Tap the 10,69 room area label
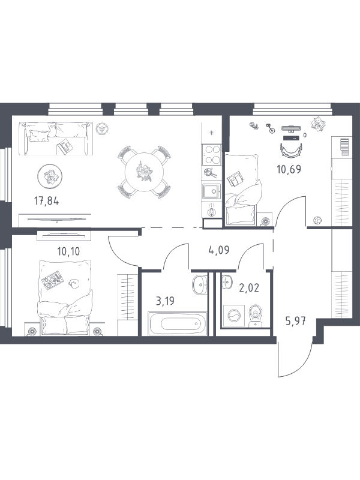pos(289,169)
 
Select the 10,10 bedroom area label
pos(68,251)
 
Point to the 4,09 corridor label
pos(218,250)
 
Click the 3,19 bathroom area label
pos(165,301)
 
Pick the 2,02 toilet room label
pos(249,288)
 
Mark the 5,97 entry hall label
pos(295,322)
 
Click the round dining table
pos(144,172)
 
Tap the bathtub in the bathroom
pos(178,323)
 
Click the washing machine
pos(234,316)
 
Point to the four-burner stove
pos(212,155)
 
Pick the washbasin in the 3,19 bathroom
pos(200,284)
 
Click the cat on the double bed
pos(74,283)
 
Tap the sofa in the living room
pos(55,139)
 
